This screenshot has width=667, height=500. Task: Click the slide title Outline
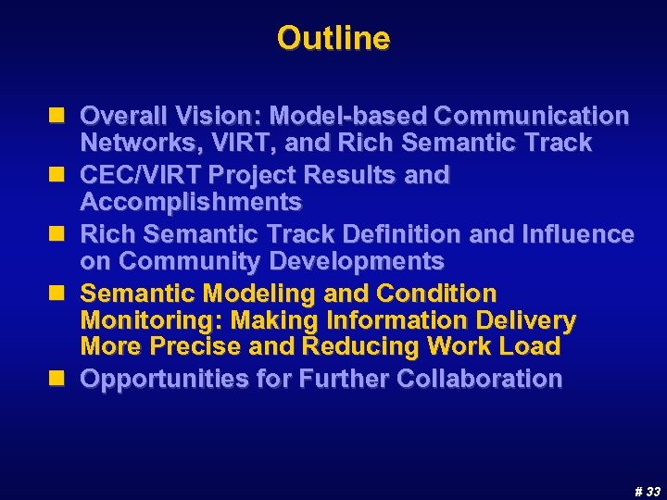point(333,39)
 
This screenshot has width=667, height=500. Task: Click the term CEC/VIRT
point(140,175)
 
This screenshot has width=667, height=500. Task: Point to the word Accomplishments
point(191,202)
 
